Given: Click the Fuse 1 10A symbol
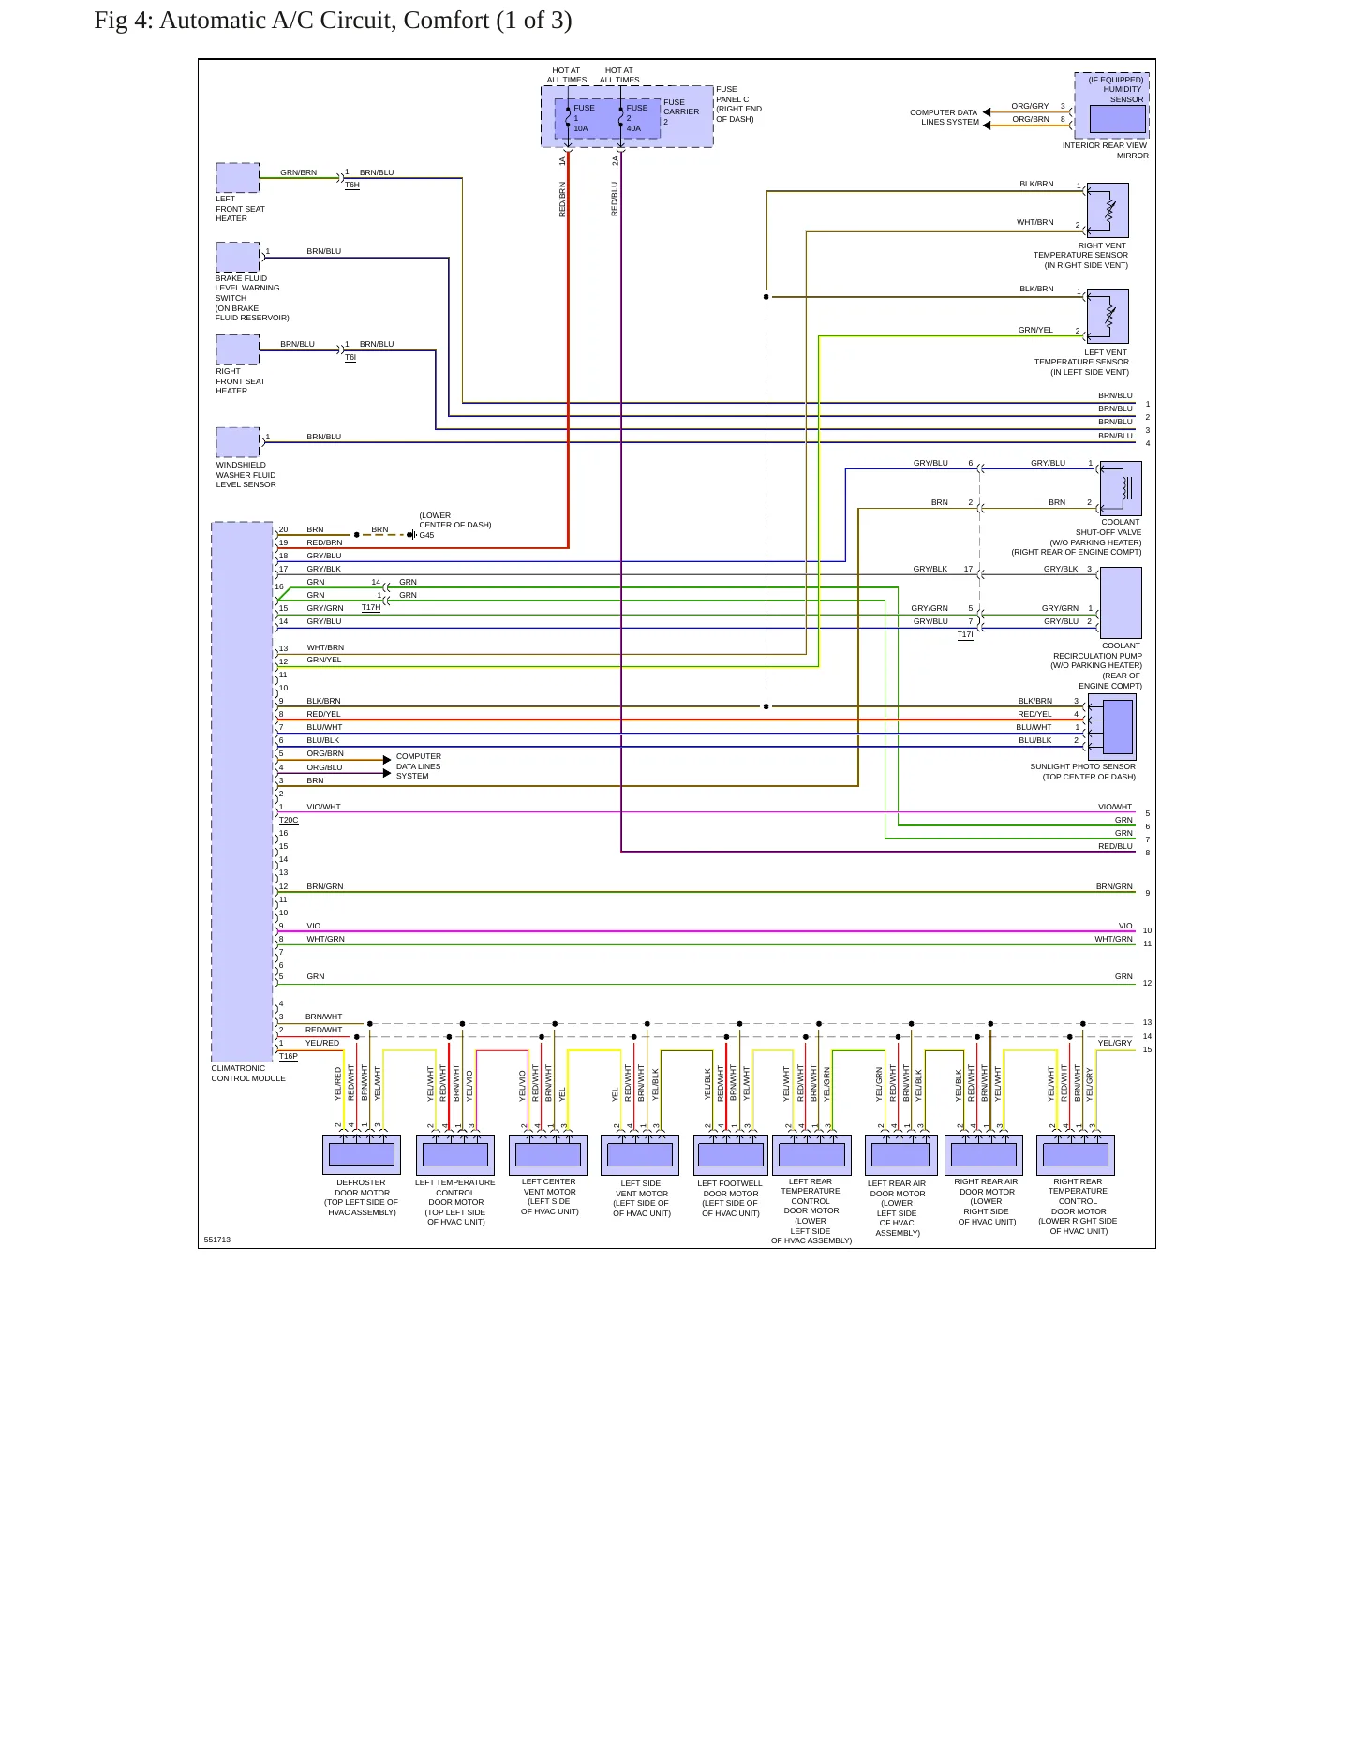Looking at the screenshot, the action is pos(568,118).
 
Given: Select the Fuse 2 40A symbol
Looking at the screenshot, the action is pos(620,118).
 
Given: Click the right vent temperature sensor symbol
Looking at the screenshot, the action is pos(1108,210).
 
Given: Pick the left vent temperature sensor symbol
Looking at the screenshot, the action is pos(1108,316).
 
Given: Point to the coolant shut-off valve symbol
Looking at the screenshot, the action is pos(1121,488).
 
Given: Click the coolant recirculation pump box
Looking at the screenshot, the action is pos(1121,603).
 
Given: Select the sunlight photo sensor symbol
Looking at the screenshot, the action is pos(1111,727).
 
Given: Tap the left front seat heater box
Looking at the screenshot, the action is pos(238,178).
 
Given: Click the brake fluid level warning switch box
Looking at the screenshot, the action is pos(238,257).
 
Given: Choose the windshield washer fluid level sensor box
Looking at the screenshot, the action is pos(238,442).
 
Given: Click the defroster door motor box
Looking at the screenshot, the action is pos(362,1155).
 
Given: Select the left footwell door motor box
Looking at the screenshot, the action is pos(731,1155).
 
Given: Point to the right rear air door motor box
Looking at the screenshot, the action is pos(984,1155).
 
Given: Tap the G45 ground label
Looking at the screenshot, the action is pos(426,535).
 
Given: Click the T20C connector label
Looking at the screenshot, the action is pos(289,821).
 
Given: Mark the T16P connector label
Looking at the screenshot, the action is pos(289,1057).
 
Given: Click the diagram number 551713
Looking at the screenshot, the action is pos(216,1240).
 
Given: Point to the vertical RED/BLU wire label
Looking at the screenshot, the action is pos(615,199).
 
